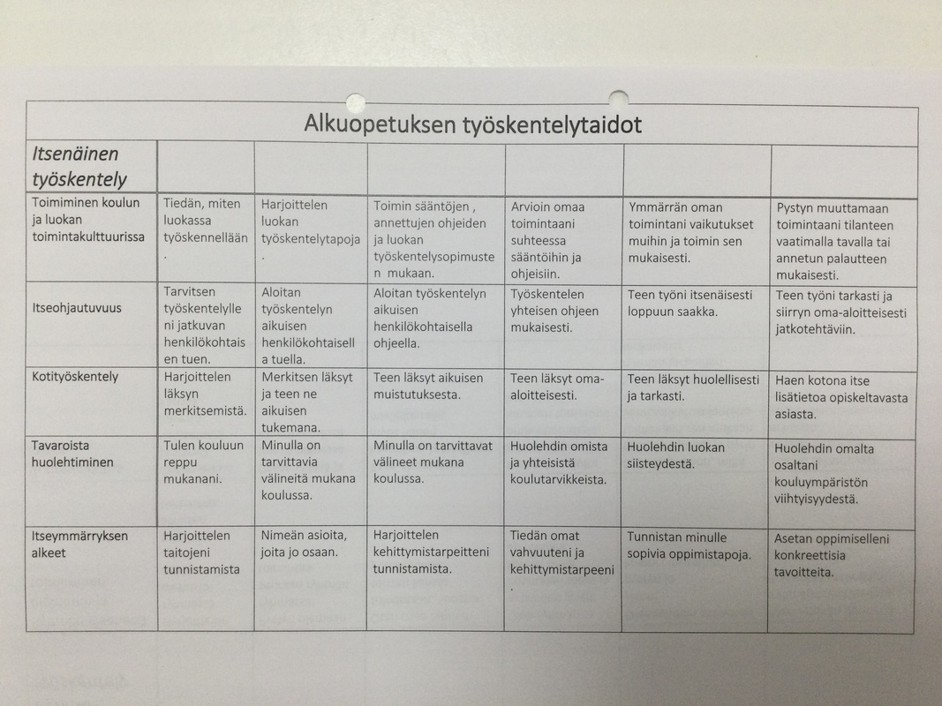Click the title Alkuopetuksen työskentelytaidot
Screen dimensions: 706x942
coord(472,124)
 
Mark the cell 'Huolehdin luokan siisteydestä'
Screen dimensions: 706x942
coord(676,455)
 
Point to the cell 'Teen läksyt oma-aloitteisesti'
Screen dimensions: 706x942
coord(557,387)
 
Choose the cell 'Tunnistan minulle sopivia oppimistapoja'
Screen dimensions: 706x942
coord(689,546)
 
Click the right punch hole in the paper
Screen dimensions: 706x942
coord(619,98)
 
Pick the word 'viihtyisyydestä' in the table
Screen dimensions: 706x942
coord(817,499)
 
